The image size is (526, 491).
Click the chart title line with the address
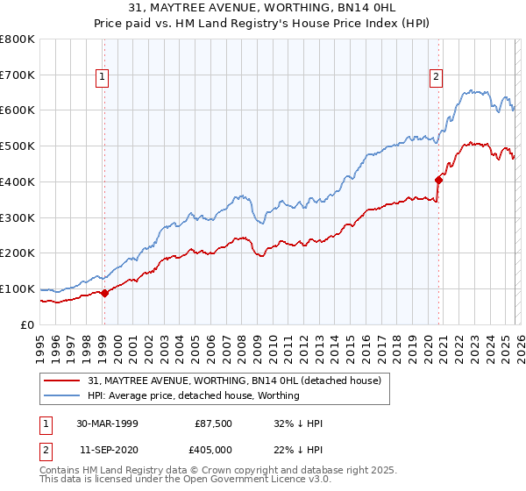click(x=262, y=8)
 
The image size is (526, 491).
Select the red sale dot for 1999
click(x=104, y=293)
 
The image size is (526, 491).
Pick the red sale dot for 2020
click(x=437, y=180)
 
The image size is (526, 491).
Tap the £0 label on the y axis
click(x=28, y=324)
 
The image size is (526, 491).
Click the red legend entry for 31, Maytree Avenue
click(x=234, y=381)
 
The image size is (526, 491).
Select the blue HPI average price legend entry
click(x=193, y=396)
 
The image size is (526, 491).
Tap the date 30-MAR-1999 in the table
click(x=107, y=423)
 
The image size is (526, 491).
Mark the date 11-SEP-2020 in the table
click(x=107, y=450)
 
